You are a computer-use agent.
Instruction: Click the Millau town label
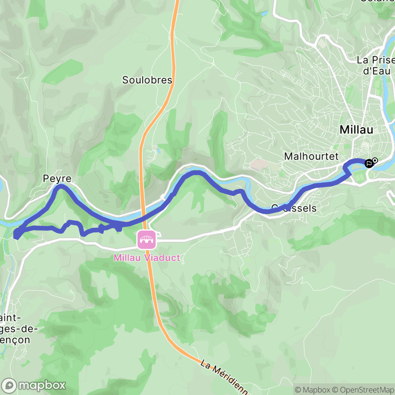[356, 130]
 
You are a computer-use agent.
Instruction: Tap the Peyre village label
[57, 179]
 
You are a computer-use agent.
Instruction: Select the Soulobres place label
[147, 80]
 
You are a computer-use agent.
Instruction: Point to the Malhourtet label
[311, 156]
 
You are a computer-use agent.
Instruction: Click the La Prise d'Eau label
[375, 66]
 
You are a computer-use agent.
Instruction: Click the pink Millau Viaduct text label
[147, 258]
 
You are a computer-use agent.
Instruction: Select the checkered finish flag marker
[369, 164]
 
